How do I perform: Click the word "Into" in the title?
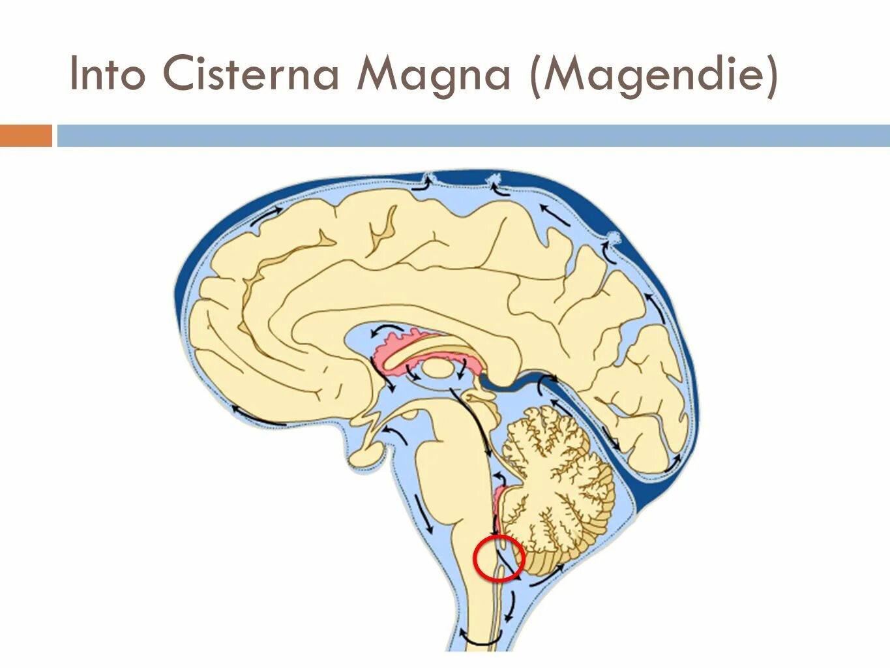[107, 73]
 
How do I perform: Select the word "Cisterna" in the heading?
[251, 73]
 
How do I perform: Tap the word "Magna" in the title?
[433, 74]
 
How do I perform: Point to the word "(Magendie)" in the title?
[654, 74]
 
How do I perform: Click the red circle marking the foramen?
[499, 558]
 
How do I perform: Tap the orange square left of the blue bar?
[25, 136]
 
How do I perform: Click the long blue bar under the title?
[473, 136]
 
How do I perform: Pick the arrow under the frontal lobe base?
[258, 417]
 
